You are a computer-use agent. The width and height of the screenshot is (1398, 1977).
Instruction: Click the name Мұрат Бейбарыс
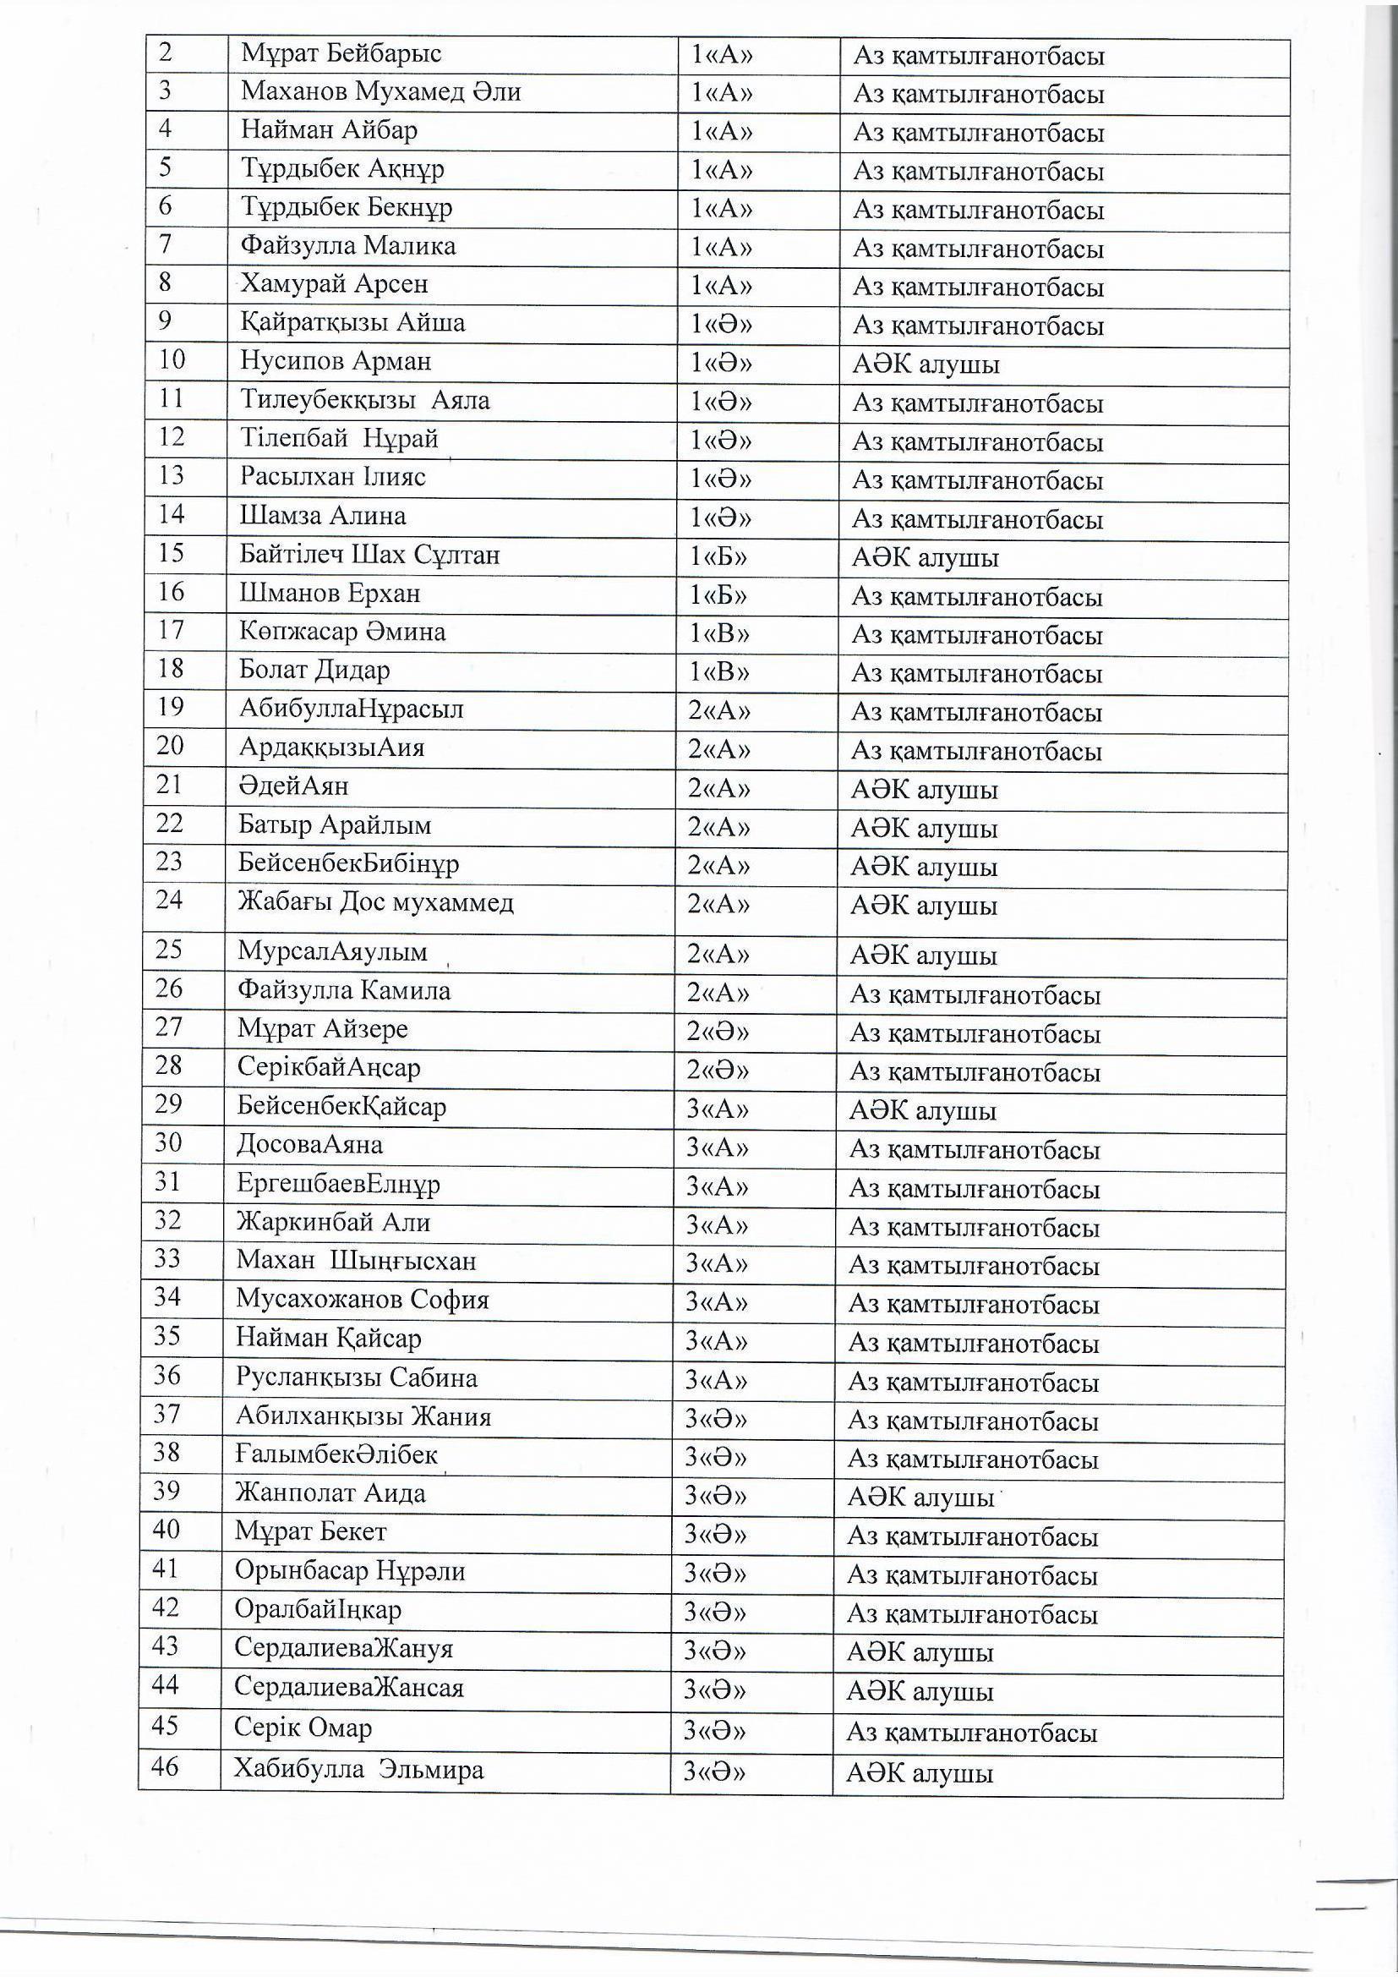click(x=341, y=54)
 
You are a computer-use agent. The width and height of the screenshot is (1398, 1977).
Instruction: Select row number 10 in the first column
click(x=172, y=360)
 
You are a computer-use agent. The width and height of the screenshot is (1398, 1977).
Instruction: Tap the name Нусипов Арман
click(x=336, y=361)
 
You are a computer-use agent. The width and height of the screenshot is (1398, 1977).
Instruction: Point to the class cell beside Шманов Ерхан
click(x=718, y=595)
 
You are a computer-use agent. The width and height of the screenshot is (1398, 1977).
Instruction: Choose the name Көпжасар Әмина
click(x=342, y=632)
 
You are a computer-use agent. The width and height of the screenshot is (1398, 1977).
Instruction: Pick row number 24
click(x=169, y=901)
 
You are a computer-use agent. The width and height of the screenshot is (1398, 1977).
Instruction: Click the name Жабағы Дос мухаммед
click(x=375, y=903)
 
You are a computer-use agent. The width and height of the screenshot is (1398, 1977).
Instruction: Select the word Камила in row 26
click(x=406, y=991)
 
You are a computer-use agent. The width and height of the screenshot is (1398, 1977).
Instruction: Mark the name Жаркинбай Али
click(x=333, y=1223)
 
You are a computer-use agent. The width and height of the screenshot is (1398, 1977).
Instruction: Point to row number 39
click(x=167, y=1492)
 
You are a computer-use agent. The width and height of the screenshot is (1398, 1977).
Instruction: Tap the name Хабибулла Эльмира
click(x=358, y=1771)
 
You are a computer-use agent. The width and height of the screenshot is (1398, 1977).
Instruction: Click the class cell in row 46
click(x=714, y=1772)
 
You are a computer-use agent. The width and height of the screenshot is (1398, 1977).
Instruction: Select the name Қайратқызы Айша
click(x=353, y=323)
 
